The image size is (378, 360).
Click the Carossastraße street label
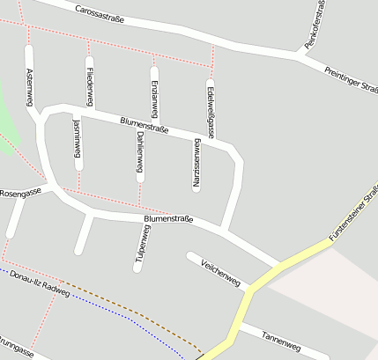tap(100, 13)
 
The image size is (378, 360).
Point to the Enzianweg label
tap(155, 95)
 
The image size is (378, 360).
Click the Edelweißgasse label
tap(211, 107)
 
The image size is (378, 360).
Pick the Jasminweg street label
tap(78, 140)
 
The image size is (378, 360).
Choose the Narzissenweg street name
tap(196, 162)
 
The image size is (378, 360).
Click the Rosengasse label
tap(20, 191)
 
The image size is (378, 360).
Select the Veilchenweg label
tap(220, 273)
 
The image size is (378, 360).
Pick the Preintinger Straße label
tap(351, 80)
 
